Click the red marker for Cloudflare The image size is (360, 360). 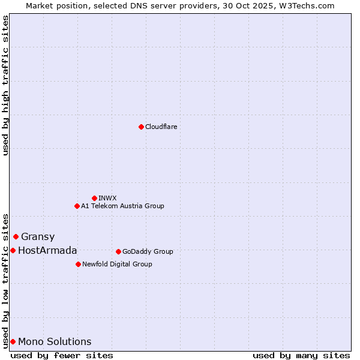[x=141, y=127]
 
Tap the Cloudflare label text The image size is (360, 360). [x=161, y=127]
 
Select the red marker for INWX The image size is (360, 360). [x=94, y=198]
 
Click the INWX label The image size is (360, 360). [x=107, y=198]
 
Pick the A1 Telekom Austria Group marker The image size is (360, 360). [x=77, y=206]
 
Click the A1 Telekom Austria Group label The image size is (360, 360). [x=122, y=206]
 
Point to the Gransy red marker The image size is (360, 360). [x=16, y=236]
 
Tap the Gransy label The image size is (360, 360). [x=38, y=236]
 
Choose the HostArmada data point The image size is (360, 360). [x=13, y=250]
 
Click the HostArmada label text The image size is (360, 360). [x=47, y=250]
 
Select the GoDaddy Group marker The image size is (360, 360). [x=118, y=251]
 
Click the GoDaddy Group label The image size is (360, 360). [x=148, y=251]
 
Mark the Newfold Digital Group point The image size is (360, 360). [x=78, y=264]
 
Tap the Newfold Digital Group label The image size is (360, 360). [x=117, y=264]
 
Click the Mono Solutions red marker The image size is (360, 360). [x=13, y=341]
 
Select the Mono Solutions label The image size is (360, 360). [x=55, y=341]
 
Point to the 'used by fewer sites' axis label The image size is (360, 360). [x=62, y=355]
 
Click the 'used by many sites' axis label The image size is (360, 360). [x=301, y=355]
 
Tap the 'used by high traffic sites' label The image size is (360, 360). [x=5, y=85]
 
